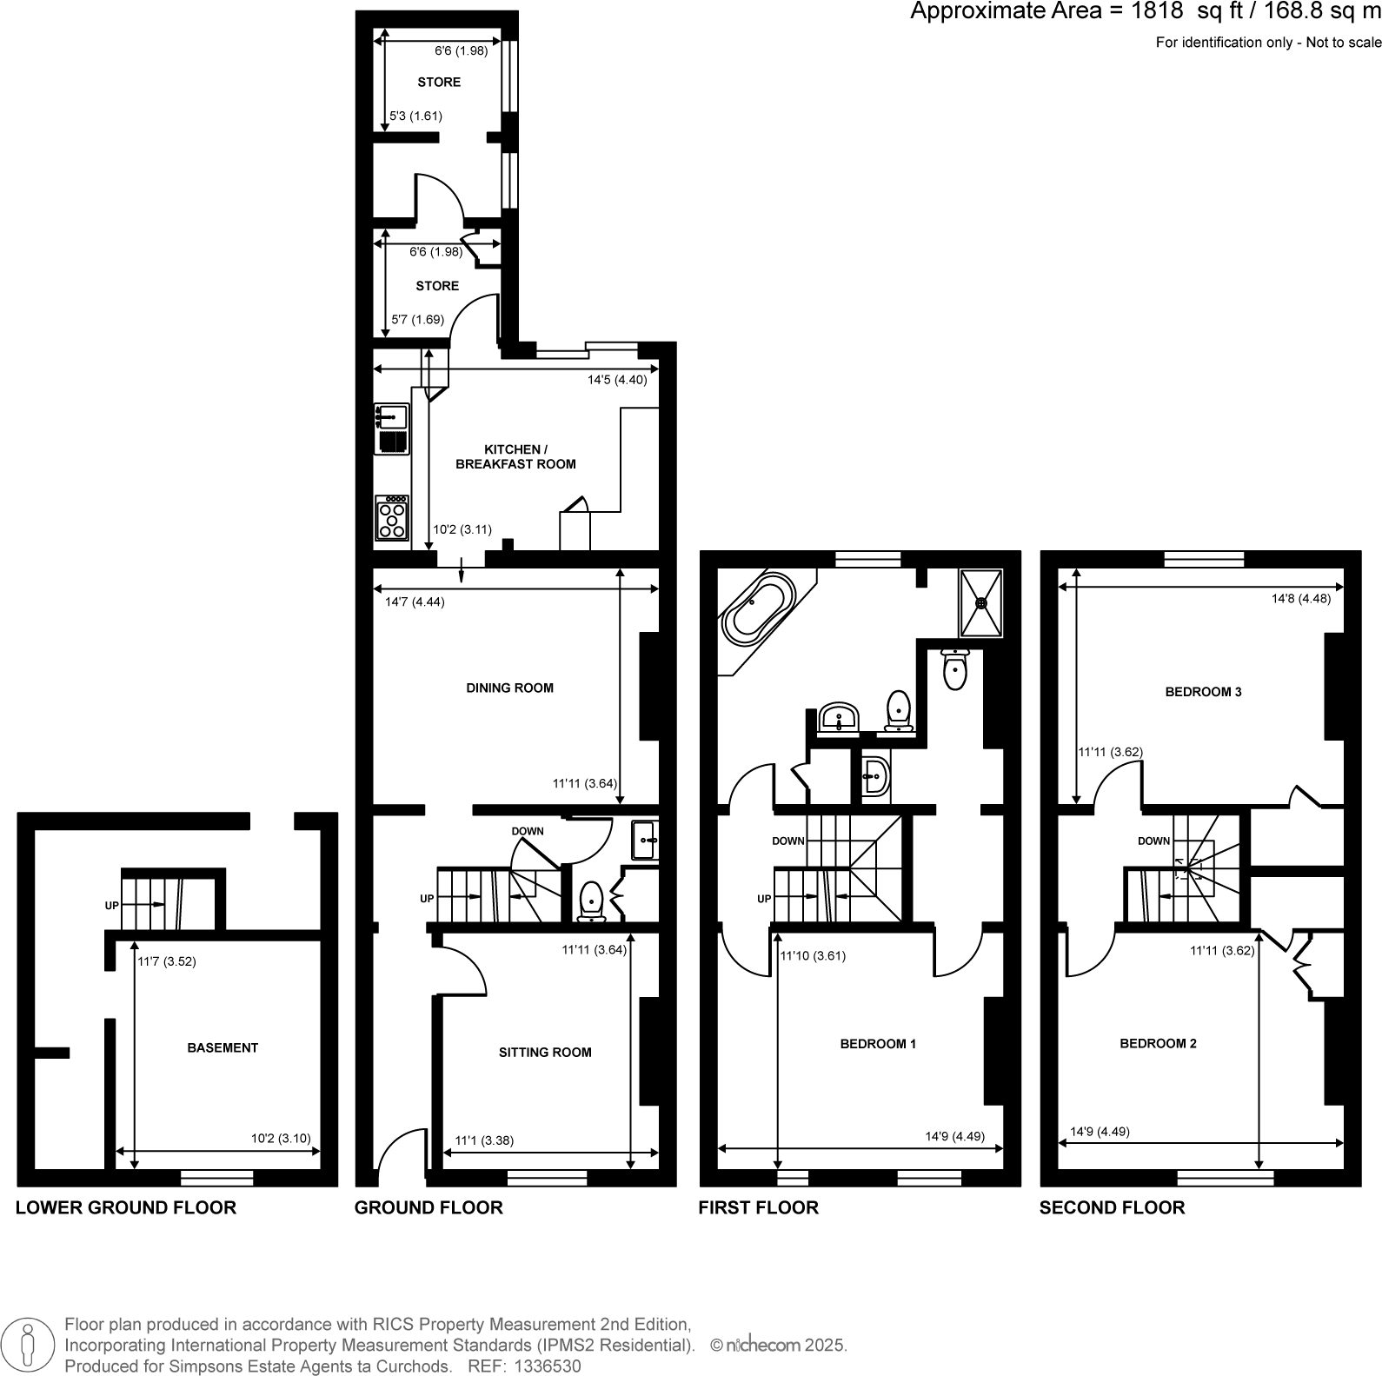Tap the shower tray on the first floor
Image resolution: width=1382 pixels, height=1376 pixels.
980,602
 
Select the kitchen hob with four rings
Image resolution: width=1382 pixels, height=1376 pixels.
392,519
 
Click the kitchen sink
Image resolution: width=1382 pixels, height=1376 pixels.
392,416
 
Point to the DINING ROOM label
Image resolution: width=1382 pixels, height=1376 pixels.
509,688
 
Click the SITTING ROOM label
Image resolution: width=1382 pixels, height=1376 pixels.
545,1052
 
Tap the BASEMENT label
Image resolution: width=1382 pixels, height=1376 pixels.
223,1047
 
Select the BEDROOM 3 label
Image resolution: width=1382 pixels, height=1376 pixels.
1203,692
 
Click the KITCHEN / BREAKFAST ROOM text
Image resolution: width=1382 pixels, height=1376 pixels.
515,456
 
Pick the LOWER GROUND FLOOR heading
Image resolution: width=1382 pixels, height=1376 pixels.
126,1207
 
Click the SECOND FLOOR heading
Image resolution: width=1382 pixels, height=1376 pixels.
1112,1207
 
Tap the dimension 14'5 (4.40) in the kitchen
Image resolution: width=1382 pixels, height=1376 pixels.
617,380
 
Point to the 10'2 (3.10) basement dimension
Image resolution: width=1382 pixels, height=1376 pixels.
281,1138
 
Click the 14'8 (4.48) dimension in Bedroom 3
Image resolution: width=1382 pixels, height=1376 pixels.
1300,598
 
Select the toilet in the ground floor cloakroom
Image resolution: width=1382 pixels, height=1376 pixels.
591,901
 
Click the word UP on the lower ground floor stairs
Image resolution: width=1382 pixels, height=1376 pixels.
112,905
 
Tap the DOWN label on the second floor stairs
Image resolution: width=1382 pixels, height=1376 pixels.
1153,841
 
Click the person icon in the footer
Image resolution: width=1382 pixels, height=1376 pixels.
30,1345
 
